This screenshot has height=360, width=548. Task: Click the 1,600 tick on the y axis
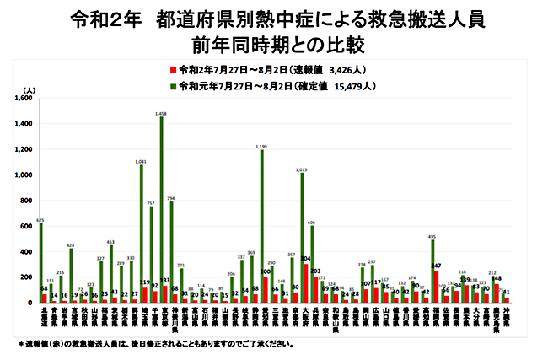[x=23, y=99]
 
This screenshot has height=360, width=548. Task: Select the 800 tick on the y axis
[x=26, y=201]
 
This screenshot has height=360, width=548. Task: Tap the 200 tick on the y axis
[x=26, y=277]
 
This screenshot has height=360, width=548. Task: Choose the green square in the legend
[x=172, y=84]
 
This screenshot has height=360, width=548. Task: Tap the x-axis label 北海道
[x=42, y=320]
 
